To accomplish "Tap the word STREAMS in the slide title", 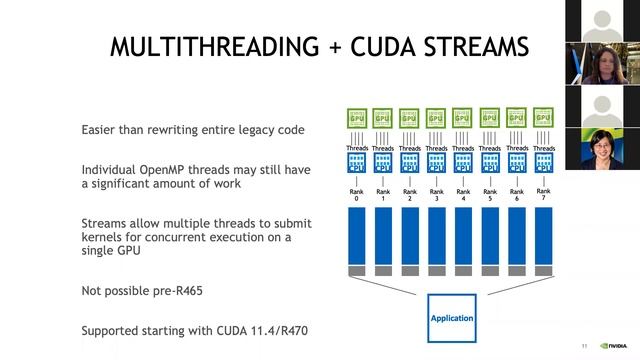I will click(x=471, y=47).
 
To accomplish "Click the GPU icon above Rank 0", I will click(x=356, y=118).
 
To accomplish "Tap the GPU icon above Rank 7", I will click(x=543, y=118).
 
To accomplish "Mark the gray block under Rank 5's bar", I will click(x=490, y=270).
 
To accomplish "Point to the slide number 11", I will click(x=584, y=346).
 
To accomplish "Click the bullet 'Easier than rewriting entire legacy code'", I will click(x=192, y=130).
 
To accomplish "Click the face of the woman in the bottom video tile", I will click(x=604, y=143).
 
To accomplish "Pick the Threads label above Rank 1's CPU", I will click(x=383, y=148).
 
